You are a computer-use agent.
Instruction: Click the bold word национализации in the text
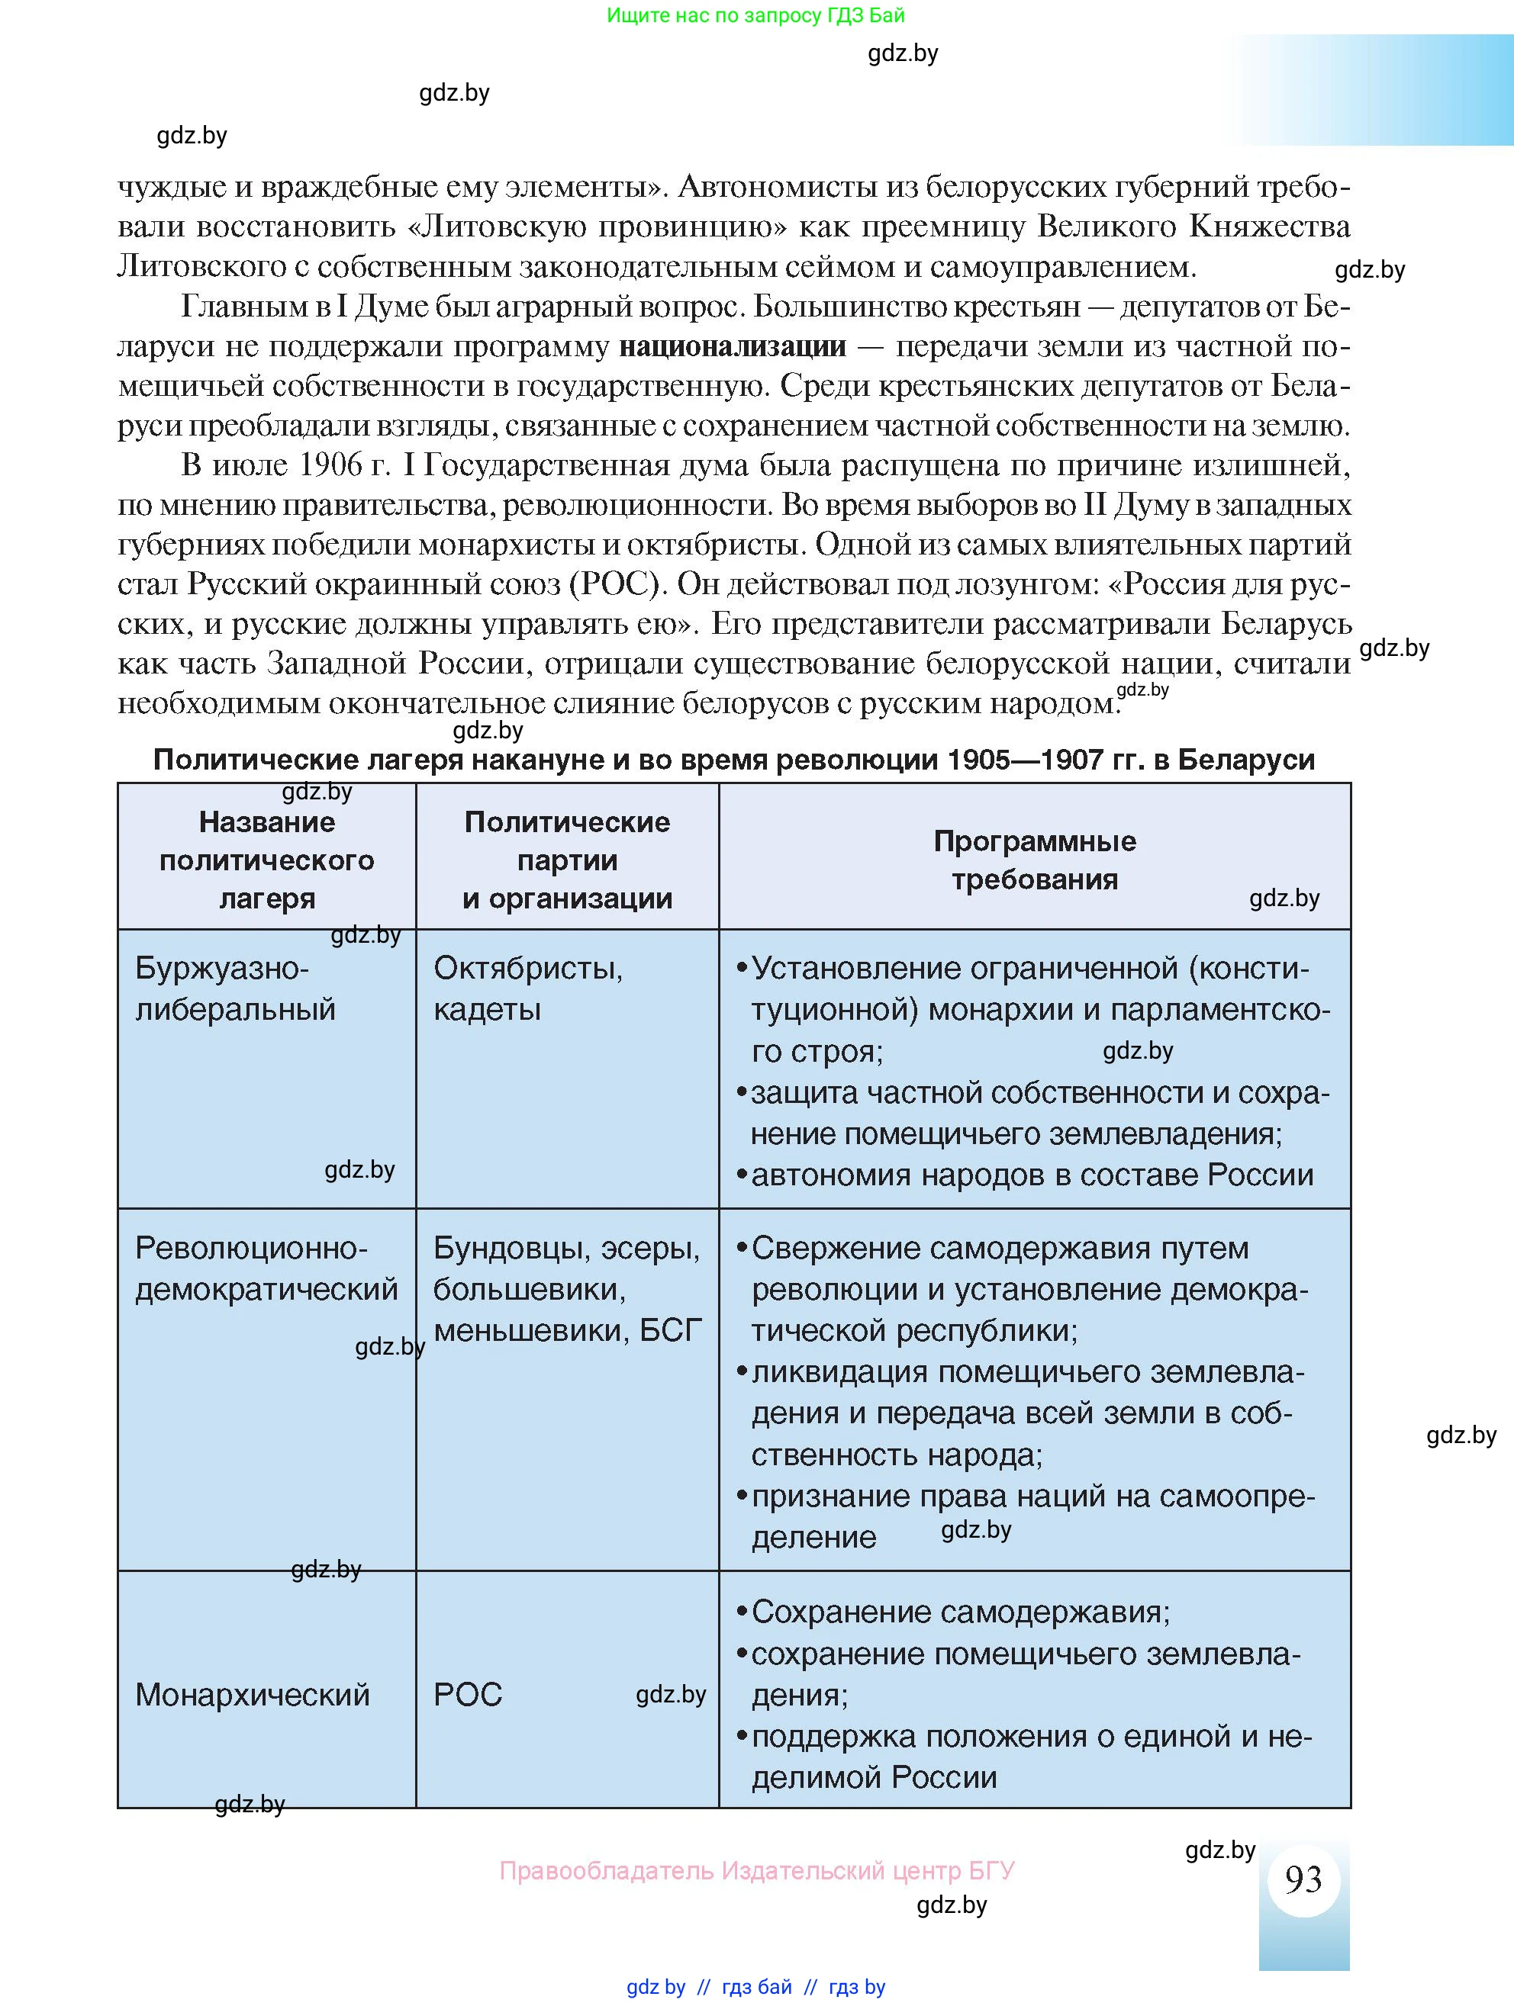[x=732, y=346]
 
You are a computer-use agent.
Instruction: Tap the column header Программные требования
[x=1034, y=860]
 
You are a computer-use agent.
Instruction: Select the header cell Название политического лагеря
[x=266, y=860]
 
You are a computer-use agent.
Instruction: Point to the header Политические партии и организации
[x=567, y=860]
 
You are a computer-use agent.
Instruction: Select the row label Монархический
[x=252, y=1694]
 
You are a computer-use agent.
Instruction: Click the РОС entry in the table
[x=467, y=1694]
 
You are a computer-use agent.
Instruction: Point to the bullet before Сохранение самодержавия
[x=741, y=1612]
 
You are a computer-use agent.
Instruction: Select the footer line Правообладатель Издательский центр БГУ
[x=756, y=1870]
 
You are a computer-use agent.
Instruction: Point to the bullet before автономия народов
[x=741, y=1175]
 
